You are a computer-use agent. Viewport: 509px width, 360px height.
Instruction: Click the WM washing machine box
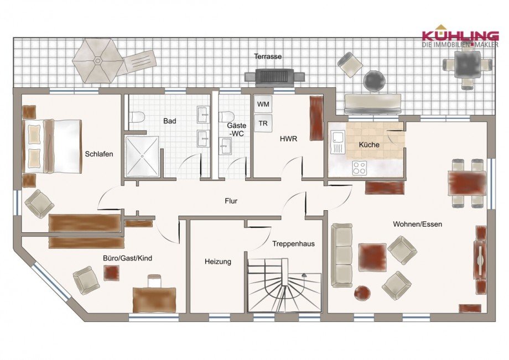262,103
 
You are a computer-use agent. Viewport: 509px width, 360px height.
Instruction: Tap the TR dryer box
262,123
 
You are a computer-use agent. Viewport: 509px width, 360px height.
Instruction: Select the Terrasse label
268,56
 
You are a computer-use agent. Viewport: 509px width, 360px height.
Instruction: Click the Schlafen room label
99,154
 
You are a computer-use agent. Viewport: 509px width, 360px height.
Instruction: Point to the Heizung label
217,262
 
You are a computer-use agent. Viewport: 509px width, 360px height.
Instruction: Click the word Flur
231,201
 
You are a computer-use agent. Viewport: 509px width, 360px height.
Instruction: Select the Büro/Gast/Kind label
127,258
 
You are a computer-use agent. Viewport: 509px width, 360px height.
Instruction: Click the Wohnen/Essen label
417,224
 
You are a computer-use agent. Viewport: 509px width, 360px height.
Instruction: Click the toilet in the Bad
137,117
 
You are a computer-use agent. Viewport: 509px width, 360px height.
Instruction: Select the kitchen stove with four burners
359,167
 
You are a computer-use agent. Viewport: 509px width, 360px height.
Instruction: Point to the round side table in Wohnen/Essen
363,293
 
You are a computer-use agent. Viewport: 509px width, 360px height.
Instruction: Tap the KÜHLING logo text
460,35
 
